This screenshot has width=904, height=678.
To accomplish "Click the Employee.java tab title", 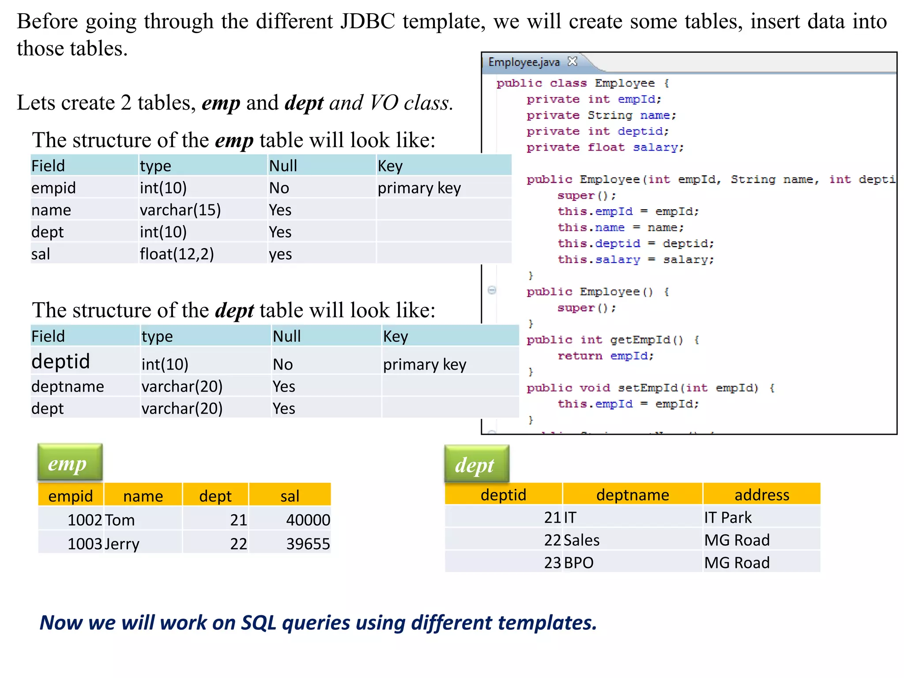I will point(524,62).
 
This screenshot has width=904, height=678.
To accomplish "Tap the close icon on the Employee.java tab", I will point(573,61).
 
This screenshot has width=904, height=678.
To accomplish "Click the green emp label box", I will point(70,463).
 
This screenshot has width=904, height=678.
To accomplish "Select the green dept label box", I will point(477,464).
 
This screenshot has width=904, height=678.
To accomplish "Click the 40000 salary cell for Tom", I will point(290,520).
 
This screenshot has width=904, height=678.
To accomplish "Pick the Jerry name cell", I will point(143,543).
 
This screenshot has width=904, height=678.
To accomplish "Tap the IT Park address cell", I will point(761,517).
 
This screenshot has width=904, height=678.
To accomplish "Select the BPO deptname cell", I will point(632,562).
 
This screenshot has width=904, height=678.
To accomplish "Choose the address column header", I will point(761,494).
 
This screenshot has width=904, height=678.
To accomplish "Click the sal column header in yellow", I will point(290,496).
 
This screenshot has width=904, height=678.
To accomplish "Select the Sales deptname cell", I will point(632,540).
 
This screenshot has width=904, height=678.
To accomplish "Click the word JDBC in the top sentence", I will point(368,21).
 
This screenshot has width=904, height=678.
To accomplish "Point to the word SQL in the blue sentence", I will point(259,622).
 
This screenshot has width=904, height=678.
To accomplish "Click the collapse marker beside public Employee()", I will point(492,290).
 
